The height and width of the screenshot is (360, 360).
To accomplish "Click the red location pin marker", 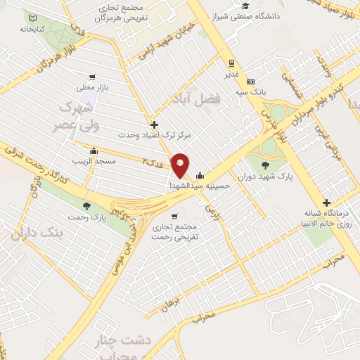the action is pyautogui.click(x=181, y=165).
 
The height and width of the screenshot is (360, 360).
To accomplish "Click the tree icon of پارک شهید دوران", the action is pyautogui.click(x=264, y=165).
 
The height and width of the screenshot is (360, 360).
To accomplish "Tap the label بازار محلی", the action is pyautogui.click(x=91, y=89).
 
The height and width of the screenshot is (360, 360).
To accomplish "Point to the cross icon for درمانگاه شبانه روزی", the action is pyautogui.click(x=326, y=202).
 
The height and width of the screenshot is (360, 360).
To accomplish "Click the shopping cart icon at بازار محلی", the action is pyautogui.click(x=91, y=78).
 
